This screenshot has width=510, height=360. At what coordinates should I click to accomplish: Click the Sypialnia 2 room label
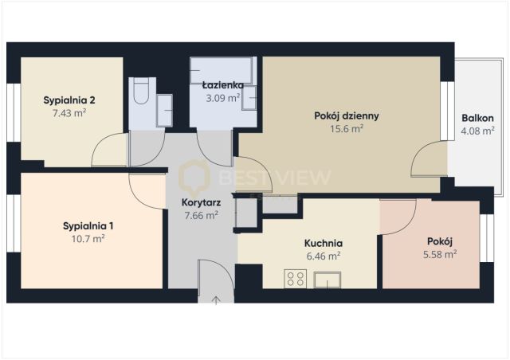pyautogui.click(x=69, y=100)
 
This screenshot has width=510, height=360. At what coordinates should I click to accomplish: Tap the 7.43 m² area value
pyautogui.click(x=69, y=113)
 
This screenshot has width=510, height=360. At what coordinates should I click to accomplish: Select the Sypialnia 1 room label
pyautogui.click(x=88, y=226)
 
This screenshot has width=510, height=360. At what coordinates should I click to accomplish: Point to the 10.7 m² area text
pyautogui.click(x=88, y=239)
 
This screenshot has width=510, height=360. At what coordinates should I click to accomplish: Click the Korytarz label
pyautogui.click(x=201, y=202)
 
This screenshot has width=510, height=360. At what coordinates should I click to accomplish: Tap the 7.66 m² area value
pyautogui.click(x=201, y=215)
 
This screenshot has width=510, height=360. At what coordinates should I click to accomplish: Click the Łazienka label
pyautogui.click(x=223, y=85)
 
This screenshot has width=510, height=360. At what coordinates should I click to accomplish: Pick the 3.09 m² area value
pyautogui.click(x=223, y=98)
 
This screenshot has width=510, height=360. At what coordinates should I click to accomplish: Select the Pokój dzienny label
pyautogui.click(x=347, y=116)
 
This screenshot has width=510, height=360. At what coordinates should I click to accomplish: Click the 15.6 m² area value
pyautogui.click(x=347, y=129)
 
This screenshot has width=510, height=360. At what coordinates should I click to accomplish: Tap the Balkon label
pyautogui.click(x=477, y=118)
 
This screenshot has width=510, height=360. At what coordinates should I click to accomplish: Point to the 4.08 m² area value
pyautogui.click(x=478, y=131)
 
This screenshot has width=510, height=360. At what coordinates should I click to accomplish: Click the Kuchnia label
pyautogui.click(x=324, y=243)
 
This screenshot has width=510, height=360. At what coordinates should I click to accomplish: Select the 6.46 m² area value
pyautogui.click(x=324, y=256)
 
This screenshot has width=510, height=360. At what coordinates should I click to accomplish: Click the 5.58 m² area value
pyautogui.click(x=440, y=254)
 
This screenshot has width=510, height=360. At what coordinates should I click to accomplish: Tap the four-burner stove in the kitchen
pyautogui.click(x=296, y=279)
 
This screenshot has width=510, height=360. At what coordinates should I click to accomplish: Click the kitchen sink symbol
pyautogui.click(x=328, y=280)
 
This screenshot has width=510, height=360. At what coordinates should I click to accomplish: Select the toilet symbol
pyautogui.click(x=141, y=91)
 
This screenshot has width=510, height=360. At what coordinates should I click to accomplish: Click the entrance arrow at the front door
pyautogui.click(x=216, y=300)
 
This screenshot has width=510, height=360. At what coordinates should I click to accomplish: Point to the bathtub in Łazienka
pyautogui.click(x=222, y=71)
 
